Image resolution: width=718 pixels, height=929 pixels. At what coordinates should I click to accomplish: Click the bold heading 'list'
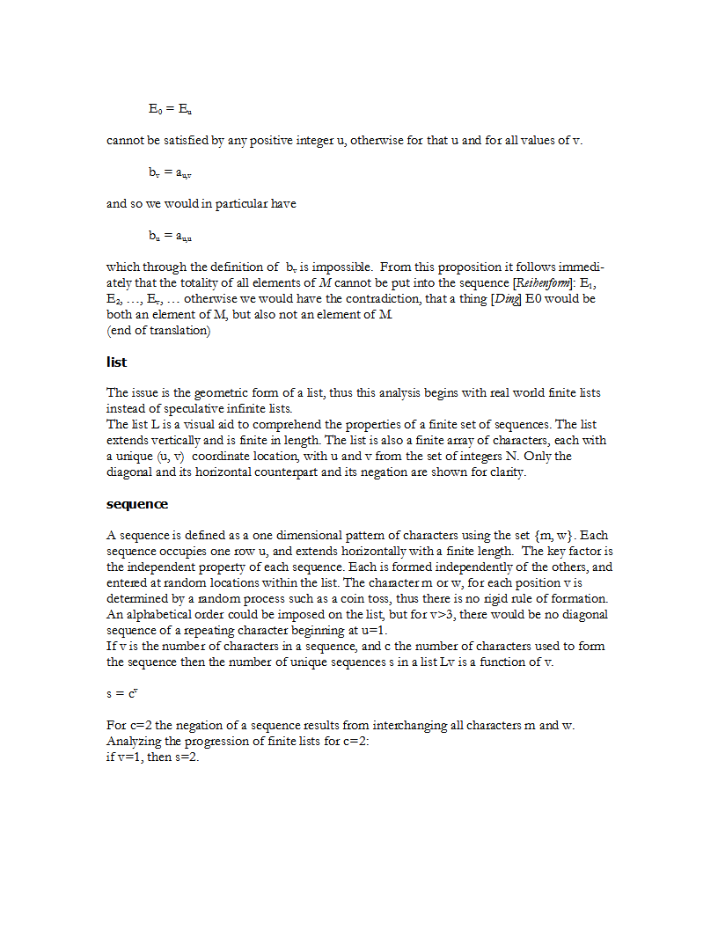pos(116,362)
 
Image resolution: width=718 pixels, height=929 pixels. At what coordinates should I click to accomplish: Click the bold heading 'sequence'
pos(136,504)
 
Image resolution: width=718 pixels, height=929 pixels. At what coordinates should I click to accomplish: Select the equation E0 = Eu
pos(170,109)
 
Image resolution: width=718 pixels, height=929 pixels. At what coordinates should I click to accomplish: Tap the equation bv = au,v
pos(170,172)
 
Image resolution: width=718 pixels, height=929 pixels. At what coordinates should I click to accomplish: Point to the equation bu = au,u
pos(170,236)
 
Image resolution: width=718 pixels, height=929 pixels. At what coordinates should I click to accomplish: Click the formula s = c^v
pos(122,693)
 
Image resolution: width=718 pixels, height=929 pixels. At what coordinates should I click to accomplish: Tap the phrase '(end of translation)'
pos(158,330)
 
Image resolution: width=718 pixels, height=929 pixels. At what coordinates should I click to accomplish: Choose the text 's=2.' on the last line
pos(188,757)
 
